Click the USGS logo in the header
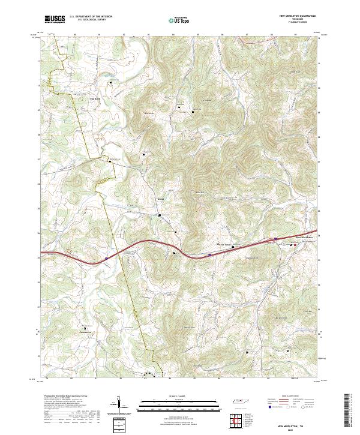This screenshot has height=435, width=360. coord(55,20)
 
